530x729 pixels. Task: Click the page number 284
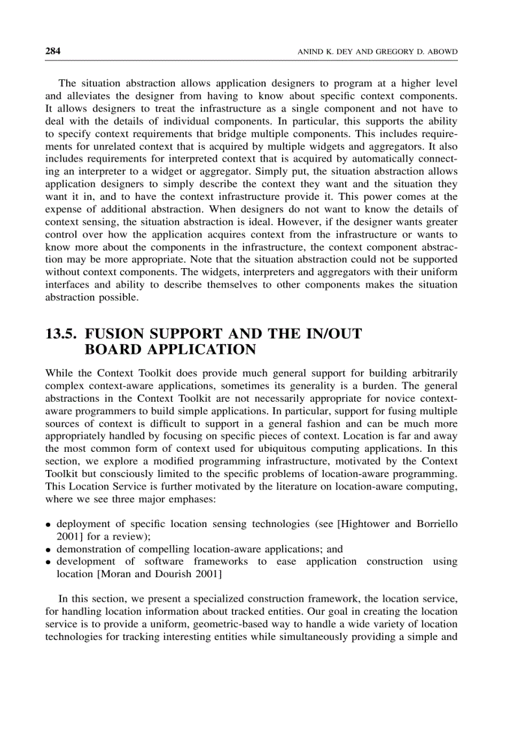pos(53,51)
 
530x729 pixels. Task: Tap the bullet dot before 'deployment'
pos(49,525)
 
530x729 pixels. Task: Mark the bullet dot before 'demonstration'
pos(49,549)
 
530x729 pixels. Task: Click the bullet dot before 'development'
pos(49,562)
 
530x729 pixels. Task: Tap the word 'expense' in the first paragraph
pos(64,209)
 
